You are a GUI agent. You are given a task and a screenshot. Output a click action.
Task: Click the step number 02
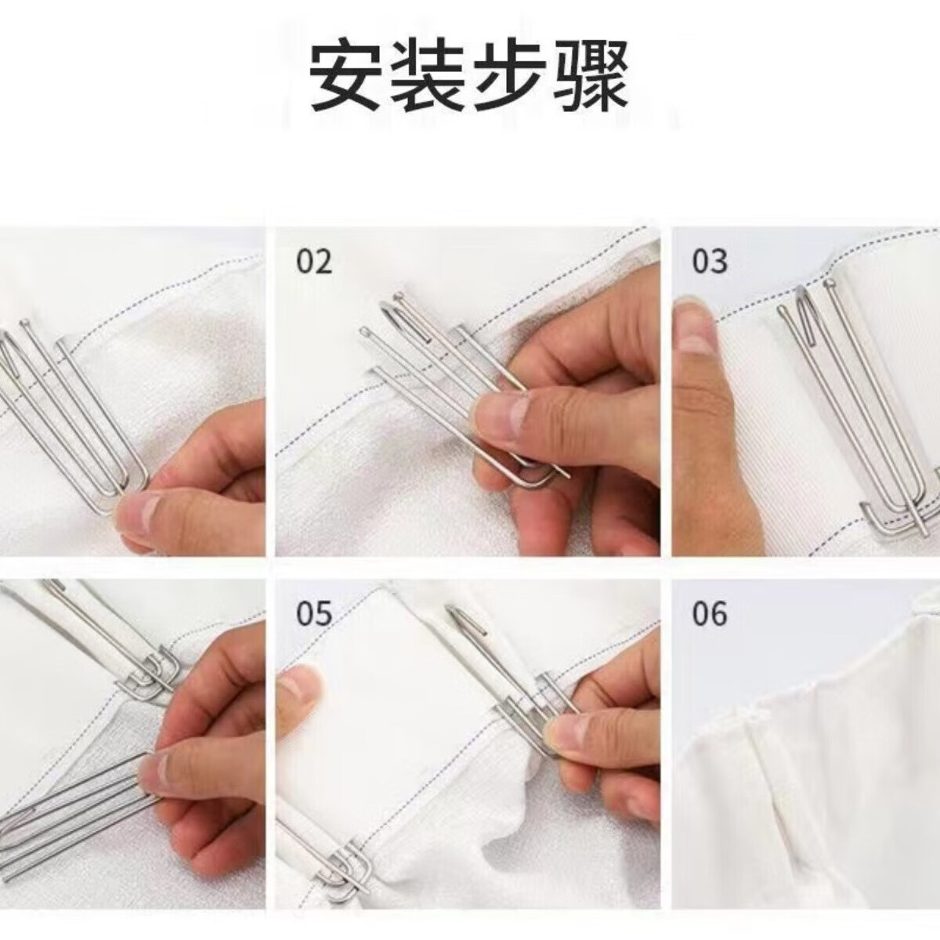click(314, 262)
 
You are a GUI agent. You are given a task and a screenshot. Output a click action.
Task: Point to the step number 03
click(710, 262)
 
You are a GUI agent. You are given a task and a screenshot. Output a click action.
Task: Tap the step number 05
click(314, 614)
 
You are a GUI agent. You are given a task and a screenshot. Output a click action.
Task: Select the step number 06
click(710, 614)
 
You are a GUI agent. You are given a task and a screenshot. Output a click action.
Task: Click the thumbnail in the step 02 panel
click(501, 414)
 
